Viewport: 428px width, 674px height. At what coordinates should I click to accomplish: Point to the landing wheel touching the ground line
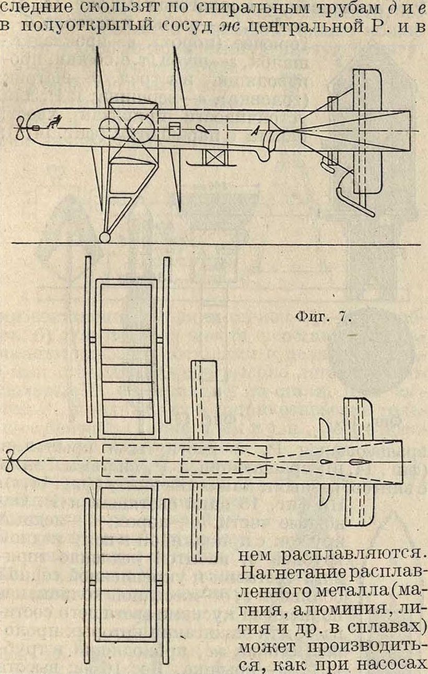point(105,238)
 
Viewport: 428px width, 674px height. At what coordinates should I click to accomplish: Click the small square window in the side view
point(175,127)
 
